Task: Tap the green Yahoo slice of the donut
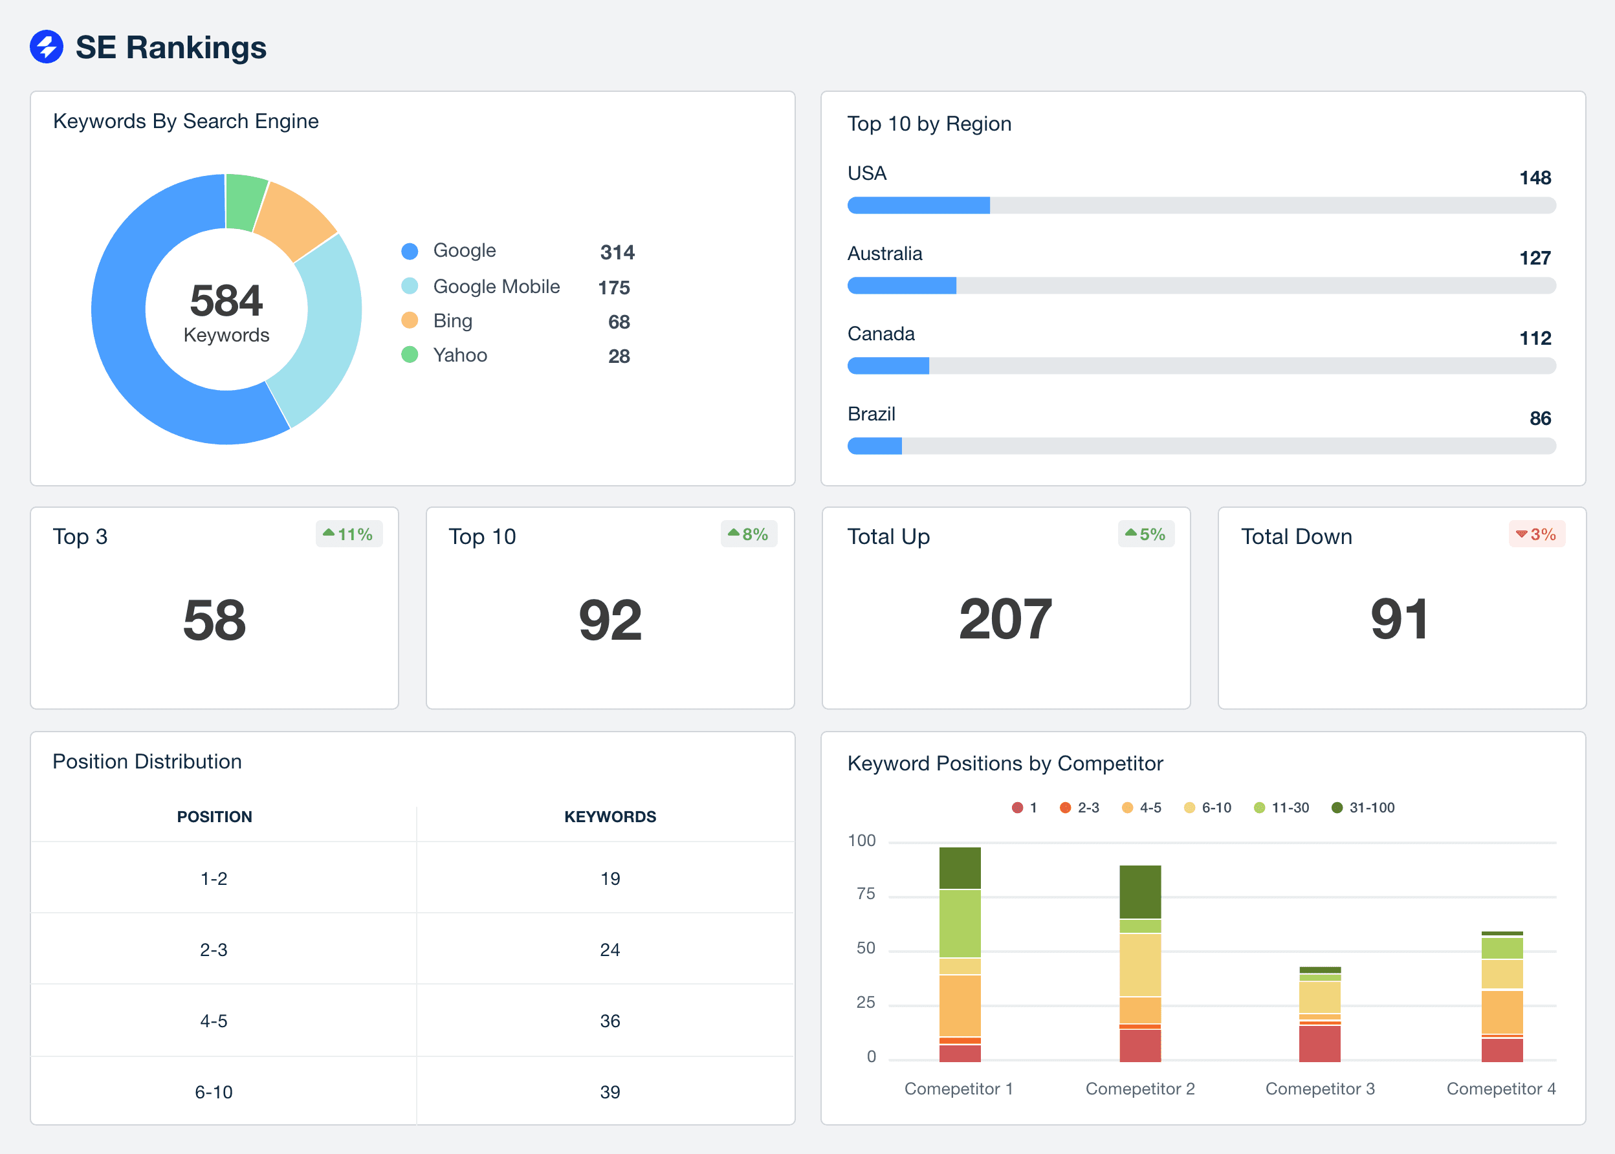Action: pos(245,202)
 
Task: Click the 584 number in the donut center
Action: pos(226,301)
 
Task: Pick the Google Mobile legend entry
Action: pos(496,287)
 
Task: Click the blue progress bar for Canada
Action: pos(888,366)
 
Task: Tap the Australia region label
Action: pos(884,254)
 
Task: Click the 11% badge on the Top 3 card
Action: pos(349,534)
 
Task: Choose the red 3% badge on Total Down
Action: pos(1536,534)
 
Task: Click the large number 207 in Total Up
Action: pos(1005,620)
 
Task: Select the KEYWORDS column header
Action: pos(610,816)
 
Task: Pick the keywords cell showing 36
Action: pos(610,1021)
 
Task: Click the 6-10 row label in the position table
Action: pos(214,1092)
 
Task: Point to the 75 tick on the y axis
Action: pos(865,894)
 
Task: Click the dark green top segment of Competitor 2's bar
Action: pos(1139,891)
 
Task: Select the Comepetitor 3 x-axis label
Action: pos(1319,1089)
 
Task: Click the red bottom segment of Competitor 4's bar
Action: pos(1501,1051)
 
